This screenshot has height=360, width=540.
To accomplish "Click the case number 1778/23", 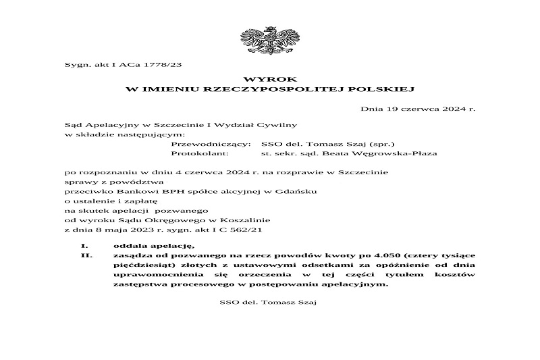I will coord(166,65).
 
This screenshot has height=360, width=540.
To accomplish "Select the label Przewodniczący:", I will coord(212,144).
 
